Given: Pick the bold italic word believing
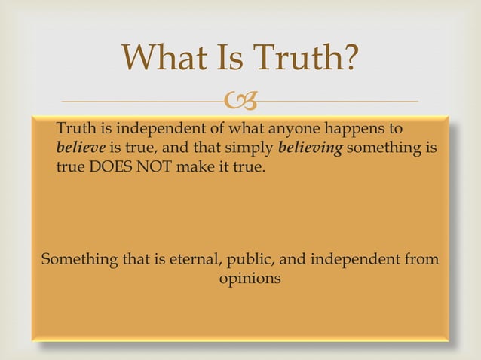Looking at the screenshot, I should pyautogui.click(x=311, y=147).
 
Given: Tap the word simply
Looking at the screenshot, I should pyautogui.click(x=252, y=148).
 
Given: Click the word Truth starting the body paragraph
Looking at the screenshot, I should pyautogui.click(x=75, y=129).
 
